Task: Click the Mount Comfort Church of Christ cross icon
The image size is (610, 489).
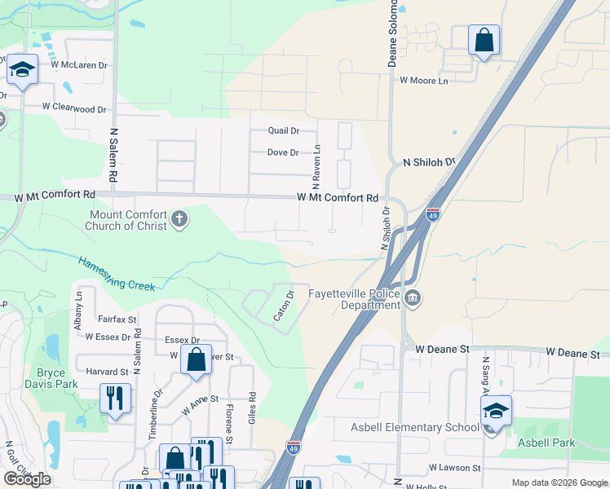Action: coord(179,219)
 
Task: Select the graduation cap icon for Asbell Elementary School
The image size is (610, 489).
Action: coord(495,412)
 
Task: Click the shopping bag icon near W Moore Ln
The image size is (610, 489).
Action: coord(484,40)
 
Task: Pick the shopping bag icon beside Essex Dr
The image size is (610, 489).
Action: coord(197,359)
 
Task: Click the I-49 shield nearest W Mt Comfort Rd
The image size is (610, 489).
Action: coord(433,214)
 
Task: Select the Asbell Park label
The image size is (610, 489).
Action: coord(546,443)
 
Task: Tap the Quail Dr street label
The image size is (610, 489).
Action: coord(284,130)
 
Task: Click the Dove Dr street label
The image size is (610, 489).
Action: coord(283,152)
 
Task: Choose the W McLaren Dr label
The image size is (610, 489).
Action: coord(79,64)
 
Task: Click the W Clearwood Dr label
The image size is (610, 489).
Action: coord(74,108)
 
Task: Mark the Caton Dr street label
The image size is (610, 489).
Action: coord(284,306)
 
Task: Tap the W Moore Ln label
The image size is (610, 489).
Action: coord(424,81)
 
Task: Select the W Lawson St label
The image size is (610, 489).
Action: coord(455,468)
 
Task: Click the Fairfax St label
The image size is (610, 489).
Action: coord(115,320)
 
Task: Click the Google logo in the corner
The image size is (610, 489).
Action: coord(28,478)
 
